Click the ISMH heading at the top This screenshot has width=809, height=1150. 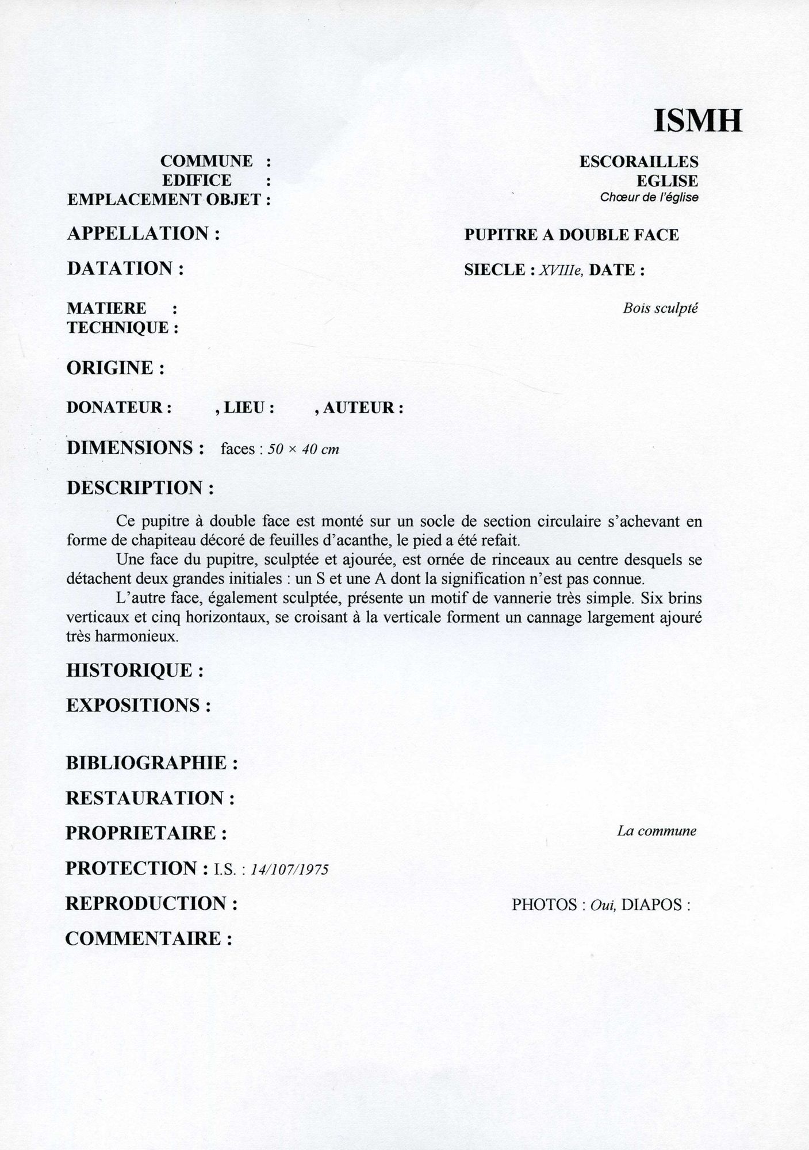coord(697,120)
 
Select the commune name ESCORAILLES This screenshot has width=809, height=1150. coord(638,162)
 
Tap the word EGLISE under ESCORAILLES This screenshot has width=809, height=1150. coord(667,181)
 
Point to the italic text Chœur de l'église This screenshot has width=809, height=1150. coord(649,197)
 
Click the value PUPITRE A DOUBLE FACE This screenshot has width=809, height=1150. coord(571,235)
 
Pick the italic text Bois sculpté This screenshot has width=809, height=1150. coord(660,308)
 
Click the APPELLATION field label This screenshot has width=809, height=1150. coord(144,233)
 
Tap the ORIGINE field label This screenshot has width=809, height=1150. coord(116,367)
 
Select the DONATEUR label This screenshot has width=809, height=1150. coord(119,408)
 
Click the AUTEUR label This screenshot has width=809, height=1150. coord(362,408)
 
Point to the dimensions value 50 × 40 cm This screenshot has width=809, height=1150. coord(304,449)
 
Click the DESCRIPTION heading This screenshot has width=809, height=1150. coord(140,488)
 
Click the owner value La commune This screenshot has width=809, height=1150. coord(657,831)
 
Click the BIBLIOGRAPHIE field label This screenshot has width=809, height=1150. coord(152,763)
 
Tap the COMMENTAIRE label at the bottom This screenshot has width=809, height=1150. coord(148,939)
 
